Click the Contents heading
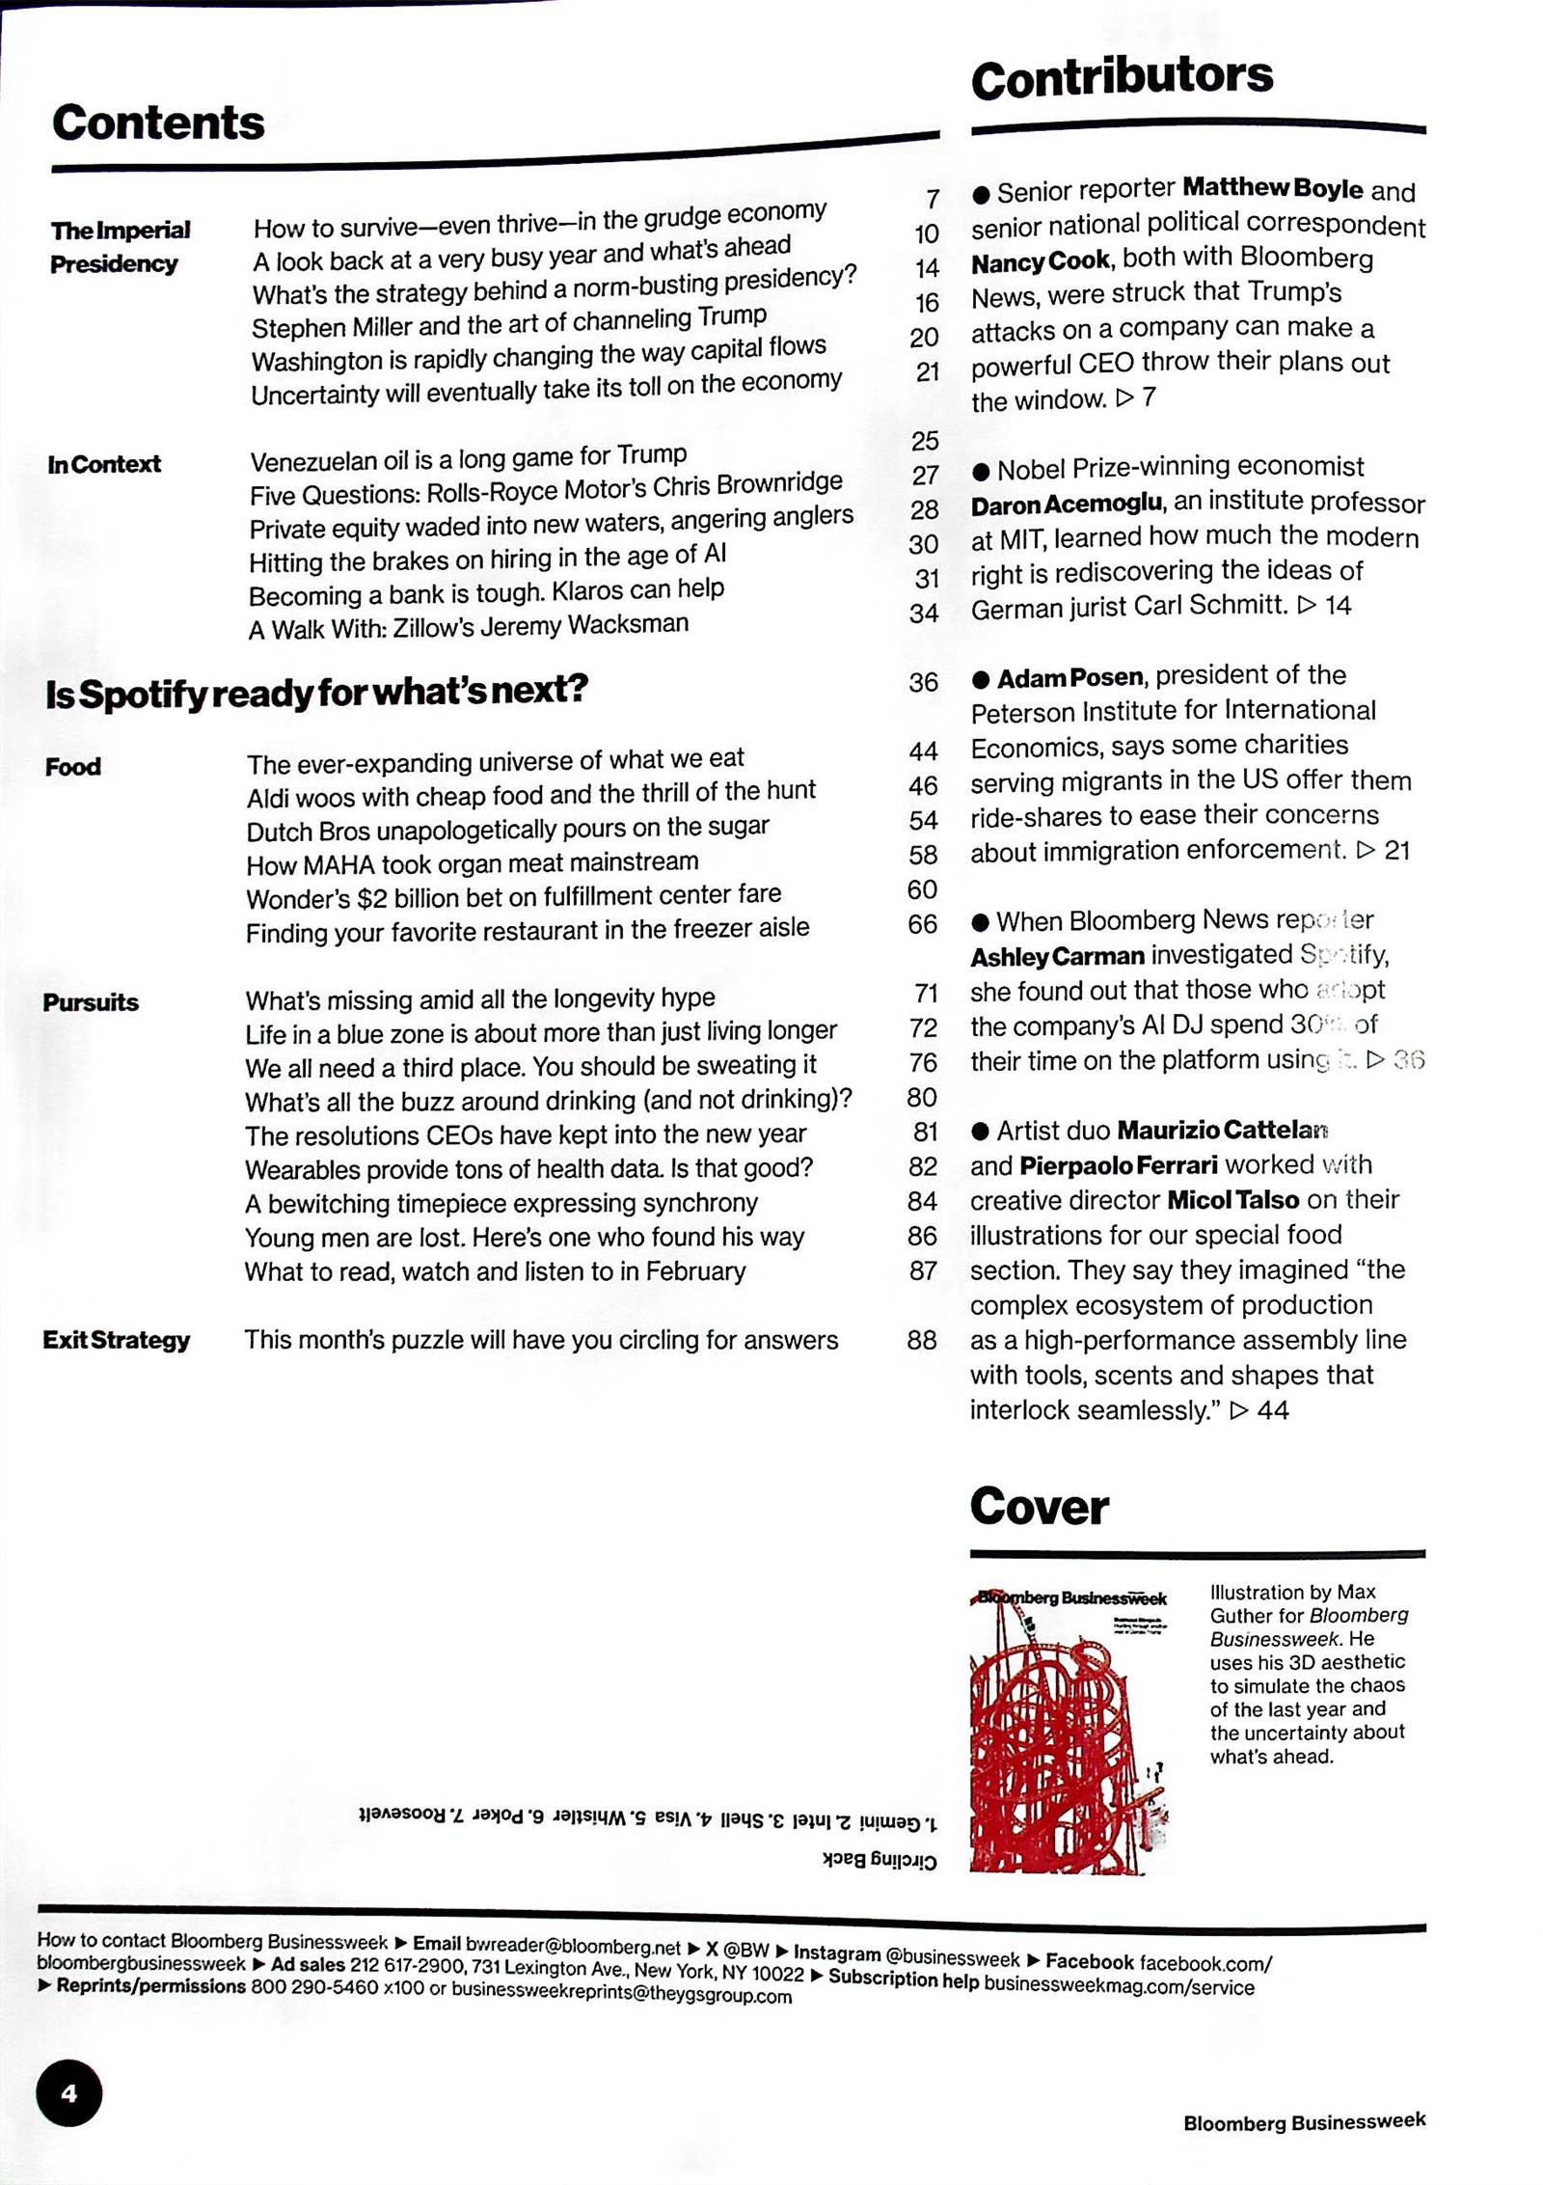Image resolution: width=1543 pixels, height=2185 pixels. point(158,123)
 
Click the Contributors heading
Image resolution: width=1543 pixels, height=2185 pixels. point(1122,77)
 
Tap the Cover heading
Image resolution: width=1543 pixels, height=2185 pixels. point(1039,1506)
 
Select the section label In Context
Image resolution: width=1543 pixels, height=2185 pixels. point(104,464)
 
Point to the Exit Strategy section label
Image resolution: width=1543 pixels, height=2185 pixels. point(116,1340)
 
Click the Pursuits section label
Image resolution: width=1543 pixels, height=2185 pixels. point(91,1002)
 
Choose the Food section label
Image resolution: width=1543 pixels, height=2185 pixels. point(73,767)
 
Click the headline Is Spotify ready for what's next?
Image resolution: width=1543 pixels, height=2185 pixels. point(316,692)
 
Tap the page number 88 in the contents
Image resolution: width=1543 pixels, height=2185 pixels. point(922,1340)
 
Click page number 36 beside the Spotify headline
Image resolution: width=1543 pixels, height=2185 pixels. point(923,682)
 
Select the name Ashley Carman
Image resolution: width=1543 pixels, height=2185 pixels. point(1057,957)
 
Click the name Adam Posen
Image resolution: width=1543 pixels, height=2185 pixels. point(1069,678)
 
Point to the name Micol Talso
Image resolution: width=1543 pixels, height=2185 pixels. point(1232,1200)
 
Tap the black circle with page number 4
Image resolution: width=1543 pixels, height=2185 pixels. point(68,2092)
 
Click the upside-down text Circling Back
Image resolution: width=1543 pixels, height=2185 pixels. point(880,1859)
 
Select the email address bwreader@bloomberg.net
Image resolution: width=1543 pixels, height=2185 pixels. point(573,1945)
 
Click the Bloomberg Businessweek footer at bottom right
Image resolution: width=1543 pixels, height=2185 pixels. point(1304,2122)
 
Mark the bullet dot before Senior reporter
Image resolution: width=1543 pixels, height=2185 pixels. point(981,195)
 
